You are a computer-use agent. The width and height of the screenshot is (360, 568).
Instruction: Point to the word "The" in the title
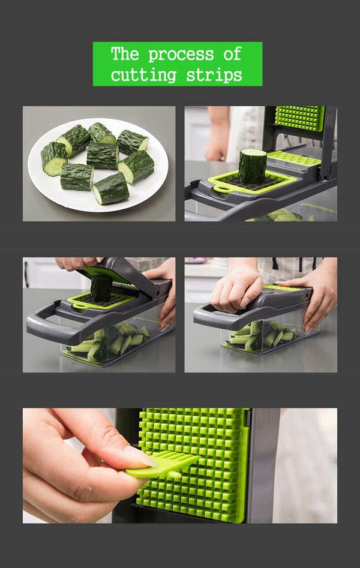125,54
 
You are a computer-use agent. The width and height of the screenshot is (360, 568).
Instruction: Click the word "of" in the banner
232,54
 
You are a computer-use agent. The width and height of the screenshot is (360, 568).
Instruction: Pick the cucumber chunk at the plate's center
103,155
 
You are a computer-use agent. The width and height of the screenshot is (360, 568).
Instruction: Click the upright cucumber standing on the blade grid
252,166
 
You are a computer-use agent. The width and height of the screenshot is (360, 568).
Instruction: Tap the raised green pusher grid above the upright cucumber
299,118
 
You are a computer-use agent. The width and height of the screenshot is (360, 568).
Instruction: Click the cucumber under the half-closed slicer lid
101,289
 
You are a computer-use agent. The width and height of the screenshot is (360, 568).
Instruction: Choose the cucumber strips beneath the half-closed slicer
108,345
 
